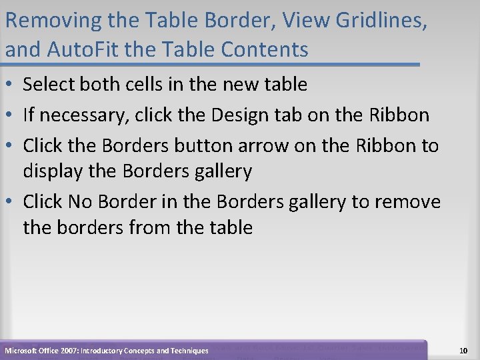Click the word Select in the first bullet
pos(48,85)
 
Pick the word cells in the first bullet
pos(138,85)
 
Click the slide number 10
pos(465,350)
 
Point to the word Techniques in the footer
pos(188,351)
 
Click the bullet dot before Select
pos(9,85)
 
